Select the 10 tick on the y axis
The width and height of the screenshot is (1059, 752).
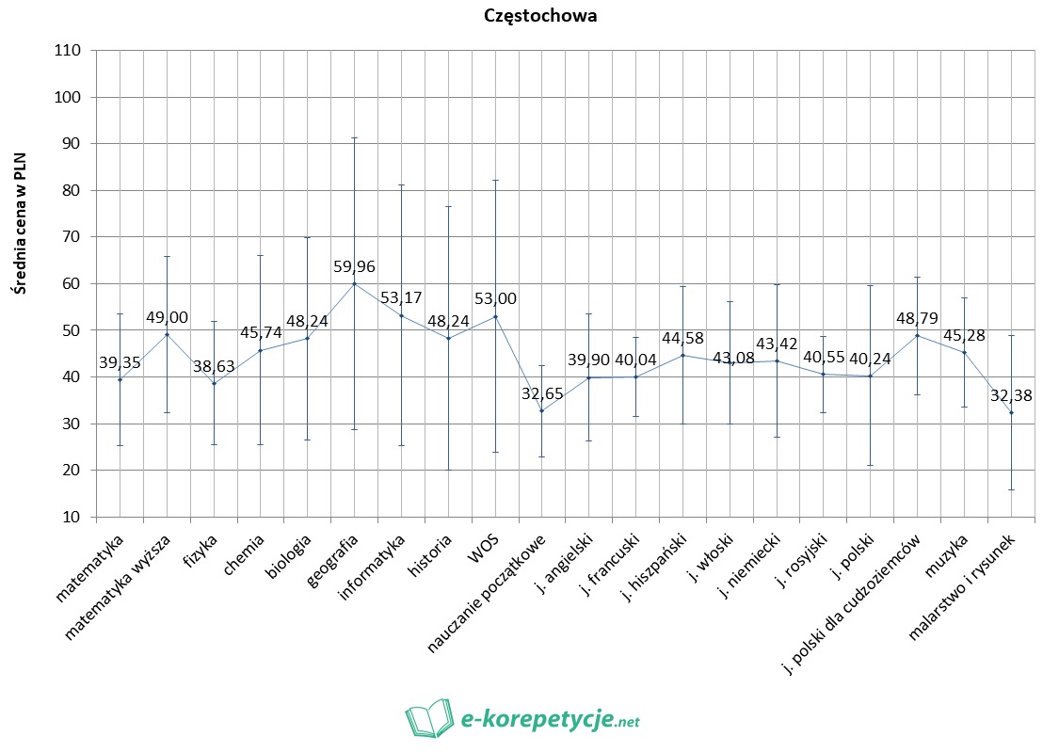tap(73, 517)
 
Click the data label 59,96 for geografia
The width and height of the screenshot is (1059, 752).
tap(354, 267)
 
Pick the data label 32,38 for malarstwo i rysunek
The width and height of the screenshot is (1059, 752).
tap(1011, 396)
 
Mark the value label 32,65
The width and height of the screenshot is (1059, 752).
tap(541, 393)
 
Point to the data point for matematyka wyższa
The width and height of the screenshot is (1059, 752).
tap(167, 334)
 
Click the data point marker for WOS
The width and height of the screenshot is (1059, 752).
tap(495, 316)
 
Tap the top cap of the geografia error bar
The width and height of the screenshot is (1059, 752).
tap(354, 138)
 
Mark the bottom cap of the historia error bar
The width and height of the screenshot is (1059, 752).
tap(448, 470)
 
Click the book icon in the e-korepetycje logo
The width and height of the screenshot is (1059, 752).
tap(428, 719)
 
